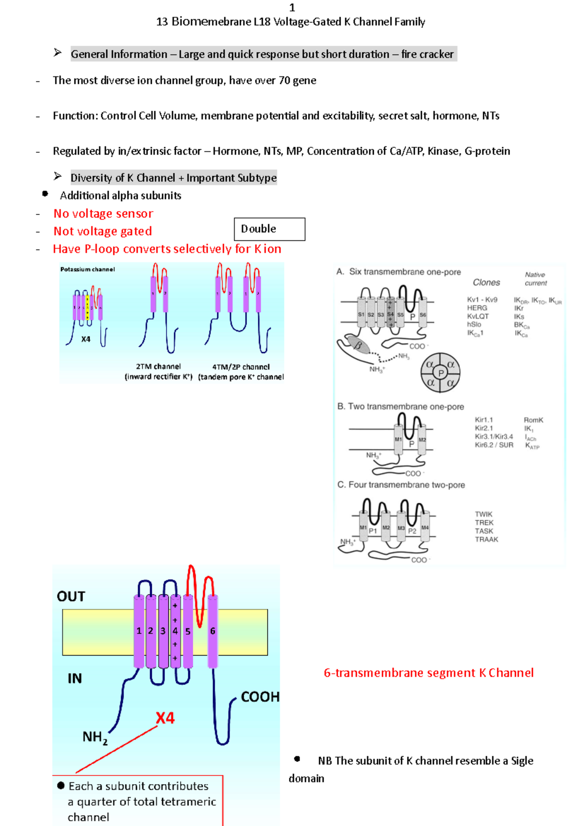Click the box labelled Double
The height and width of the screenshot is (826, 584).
point(269,229)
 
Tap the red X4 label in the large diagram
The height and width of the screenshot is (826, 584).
point(165,718)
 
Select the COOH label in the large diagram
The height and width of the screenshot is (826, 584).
point(260,697)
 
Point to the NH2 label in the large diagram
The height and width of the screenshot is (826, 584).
point(94,737)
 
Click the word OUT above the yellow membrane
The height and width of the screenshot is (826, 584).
point(71,596)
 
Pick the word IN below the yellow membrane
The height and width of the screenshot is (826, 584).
point(74,679)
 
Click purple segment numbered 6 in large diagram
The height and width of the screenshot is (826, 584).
point(213,631)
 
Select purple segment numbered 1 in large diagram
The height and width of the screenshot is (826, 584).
point(139,631)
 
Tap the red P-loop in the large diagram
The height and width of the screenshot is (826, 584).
point(199,598)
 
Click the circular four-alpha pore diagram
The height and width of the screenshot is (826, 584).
point(440,373)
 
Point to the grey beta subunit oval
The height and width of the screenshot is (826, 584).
point(358,345)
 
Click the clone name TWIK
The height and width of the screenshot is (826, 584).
point(483,514)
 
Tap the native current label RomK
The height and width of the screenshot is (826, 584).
point(533,420)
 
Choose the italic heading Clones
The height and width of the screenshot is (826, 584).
point(486,283)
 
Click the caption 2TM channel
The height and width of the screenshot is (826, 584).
point(158,367)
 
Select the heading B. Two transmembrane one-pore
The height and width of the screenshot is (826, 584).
point(401,407)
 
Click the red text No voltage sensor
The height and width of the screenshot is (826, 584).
point(103,214)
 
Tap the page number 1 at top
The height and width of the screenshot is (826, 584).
point(292,7)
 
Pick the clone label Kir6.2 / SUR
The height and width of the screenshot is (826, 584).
point(493,445)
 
